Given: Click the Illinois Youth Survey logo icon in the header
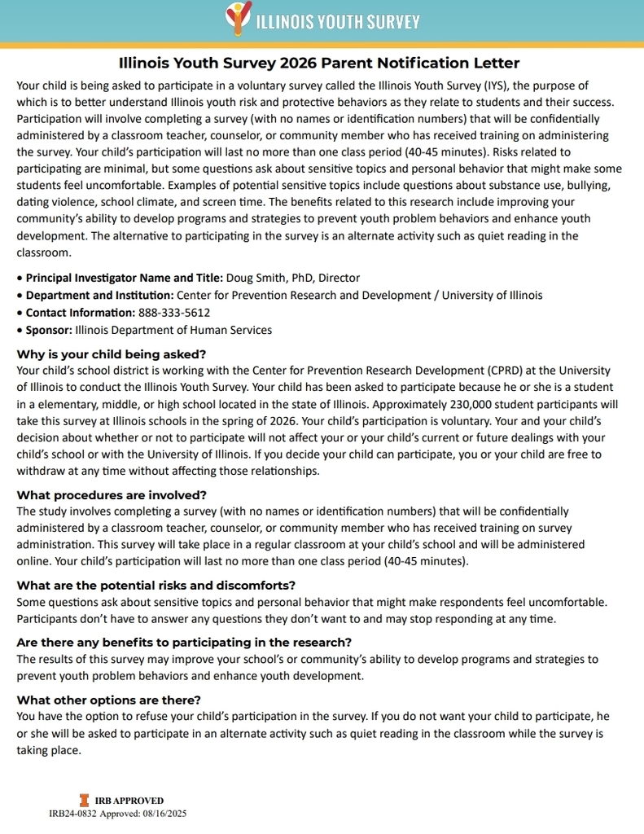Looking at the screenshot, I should pyautogui.click(x=237, y=18).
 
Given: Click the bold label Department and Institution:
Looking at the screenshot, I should pyautogui.click(x=99, y=295).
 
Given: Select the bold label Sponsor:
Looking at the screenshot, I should pyautogui.click(x=49, y=330).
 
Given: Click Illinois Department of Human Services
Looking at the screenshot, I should pyautogui.click(x=173, y=330).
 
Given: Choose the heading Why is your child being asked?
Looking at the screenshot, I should pyautogui.click(x=112, y=354).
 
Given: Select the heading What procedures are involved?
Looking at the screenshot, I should pyautogui.click(x=112, y=495).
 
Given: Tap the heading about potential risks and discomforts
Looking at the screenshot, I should pyautogui.click(x=156, y=586).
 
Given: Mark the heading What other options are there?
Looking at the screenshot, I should pyautogui.click(x=108, y=700).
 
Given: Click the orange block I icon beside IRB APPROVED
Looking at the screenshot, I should pyautogui.click(x=83, y=801).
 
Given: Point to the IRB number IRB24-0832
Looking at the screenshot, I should pyautogui.click(x=73, y=813).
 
